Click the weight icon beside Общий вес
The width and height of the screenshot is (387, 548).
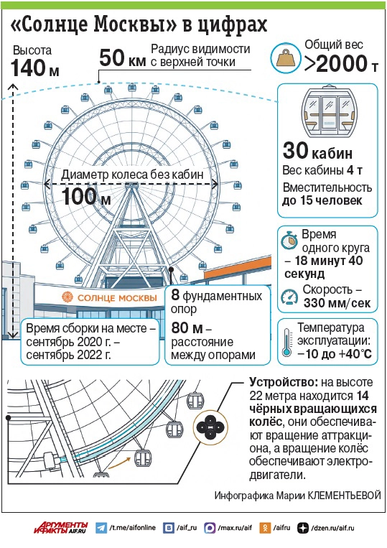coord(286,58)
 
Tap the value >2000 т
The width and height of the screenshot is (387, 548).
coord(341,64)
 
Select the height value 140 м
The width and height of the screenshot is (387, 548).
coord(35,68)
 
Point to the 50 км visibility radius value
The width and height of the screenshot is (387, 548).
coord(123,58)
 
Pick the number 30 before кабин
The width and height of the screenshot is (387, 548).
coord(296,150)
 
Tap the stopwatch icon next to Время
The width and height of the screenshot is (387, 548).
coord(289,240)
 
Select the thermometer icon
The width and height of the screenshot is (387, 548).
coord(287,342)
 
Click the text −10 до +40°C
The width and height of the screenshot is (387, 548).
coord(335,353)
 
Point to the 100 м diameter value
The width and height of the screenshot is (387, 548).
coord(86,196)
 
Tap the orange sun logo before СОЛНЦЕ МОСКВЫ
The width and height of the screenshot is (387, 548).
coord(67,297)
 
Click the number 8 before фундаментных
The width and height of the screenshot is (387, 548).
coord(175,295)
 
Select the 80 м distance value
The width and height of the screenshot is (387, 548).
coord(187,328)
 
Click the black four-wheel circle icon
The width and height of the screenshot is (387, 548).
coord(210,427)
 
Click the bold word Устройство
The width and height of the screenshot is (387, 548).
coord(283,382)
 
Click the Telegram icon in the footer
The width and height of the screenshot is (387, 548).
coord(101,528)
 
